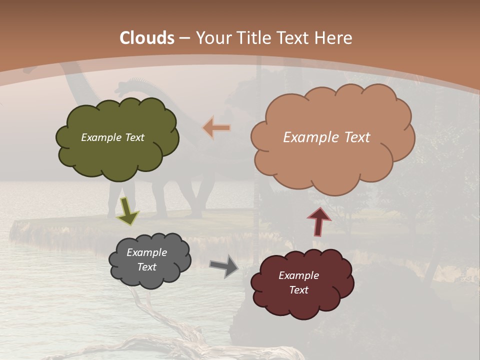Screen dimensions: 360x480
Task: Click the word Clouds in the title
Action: coord(147,38)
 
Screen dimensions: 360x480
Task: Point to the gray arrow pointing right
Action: coord(224,265)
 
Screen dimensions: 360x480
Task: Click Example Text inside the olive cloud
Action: coord(112,137)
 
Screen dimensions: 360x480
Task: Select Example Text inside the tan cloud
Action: coord(326,137)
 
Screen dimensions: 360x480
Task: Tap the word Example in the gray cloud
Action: coord(146,252)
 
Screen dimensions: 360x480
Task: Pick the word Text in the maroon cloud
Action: coord(298,290)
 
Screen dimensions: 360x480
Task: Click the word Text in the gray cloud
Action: coord(146,267)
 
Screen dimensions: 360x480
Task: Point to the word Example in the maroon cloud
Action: coord(298,275)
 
